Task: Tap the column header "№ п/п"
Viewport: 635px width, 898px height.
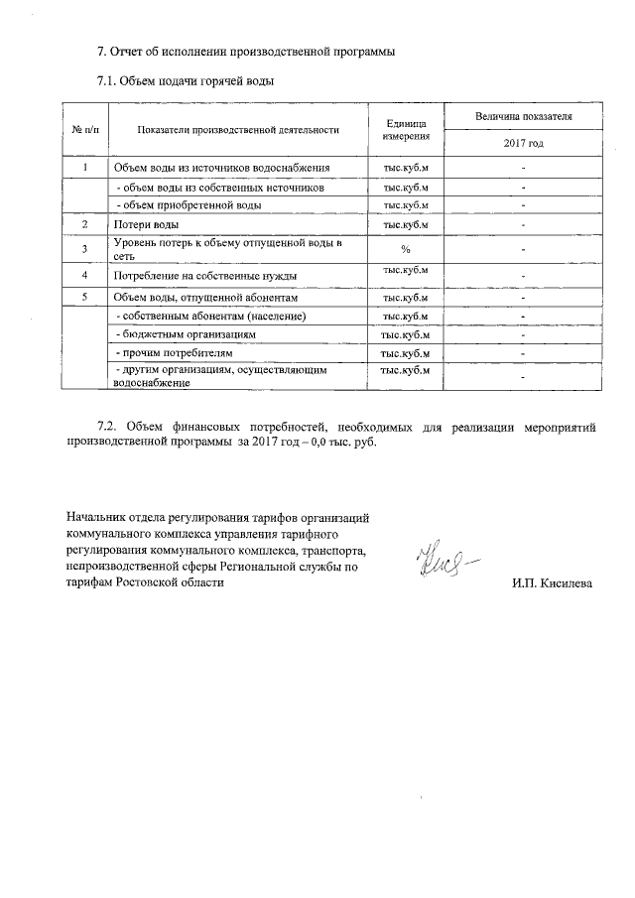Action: pos(84,129)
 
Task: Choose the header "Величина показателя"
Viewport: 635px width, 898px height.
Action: pos(523,116)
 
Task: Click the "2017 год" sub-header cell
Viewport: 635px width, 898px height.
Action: pos(523,144)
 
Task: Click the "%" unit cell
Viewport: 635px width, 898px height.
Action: pos(405,248)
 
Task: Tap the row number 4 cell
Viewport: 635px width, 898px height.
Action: pos(84,274)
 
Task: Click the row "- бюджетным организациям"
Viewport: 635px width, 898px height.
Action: pos(187,335)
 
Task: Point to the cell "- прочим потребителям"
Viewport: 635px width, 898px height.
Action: pos(177,353)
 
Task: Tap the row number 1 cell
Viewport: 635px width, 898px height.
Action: pos(84,168)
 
